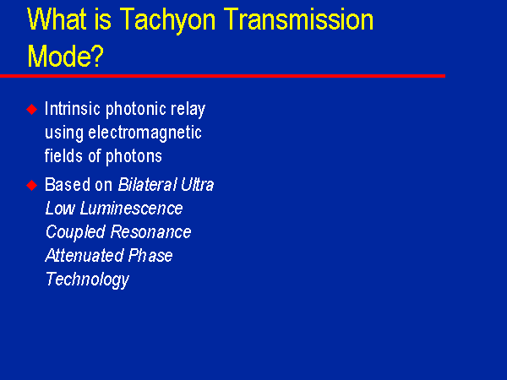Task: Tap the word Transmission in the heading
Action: click(x=298, y=19)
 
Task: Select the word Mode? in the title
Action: click(x=66, y=56)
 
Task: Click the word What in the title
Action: click(x=56, y=19)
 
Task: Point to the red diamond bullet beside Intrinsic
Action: click(x=32, y=109)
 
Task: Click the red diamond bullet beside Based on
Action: click(x=32, y=186)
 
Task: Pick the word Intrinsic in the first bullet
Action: click(x=73, y=108)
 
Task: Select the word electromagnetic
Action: click(x=144, y=133)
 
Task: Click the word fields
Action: click(x=63, y=155)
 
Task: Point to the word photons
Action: click(x=134, y=157)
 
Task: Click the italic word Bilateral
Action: click(x=147, y=184)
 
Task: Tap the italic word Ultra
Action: click(x=197, y=184)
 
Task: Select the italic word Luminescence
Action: click(x=131, y=208)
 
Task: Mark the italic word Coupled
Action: click(x=76, y=233)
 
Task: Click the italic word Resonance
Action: click(x=150, y=231)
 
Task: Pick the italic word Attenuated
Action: click(x=84, y=255)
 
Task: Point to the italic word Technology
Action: click(x=87, y=280)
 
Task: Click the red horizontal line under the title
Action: click(x=222, y=76)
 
